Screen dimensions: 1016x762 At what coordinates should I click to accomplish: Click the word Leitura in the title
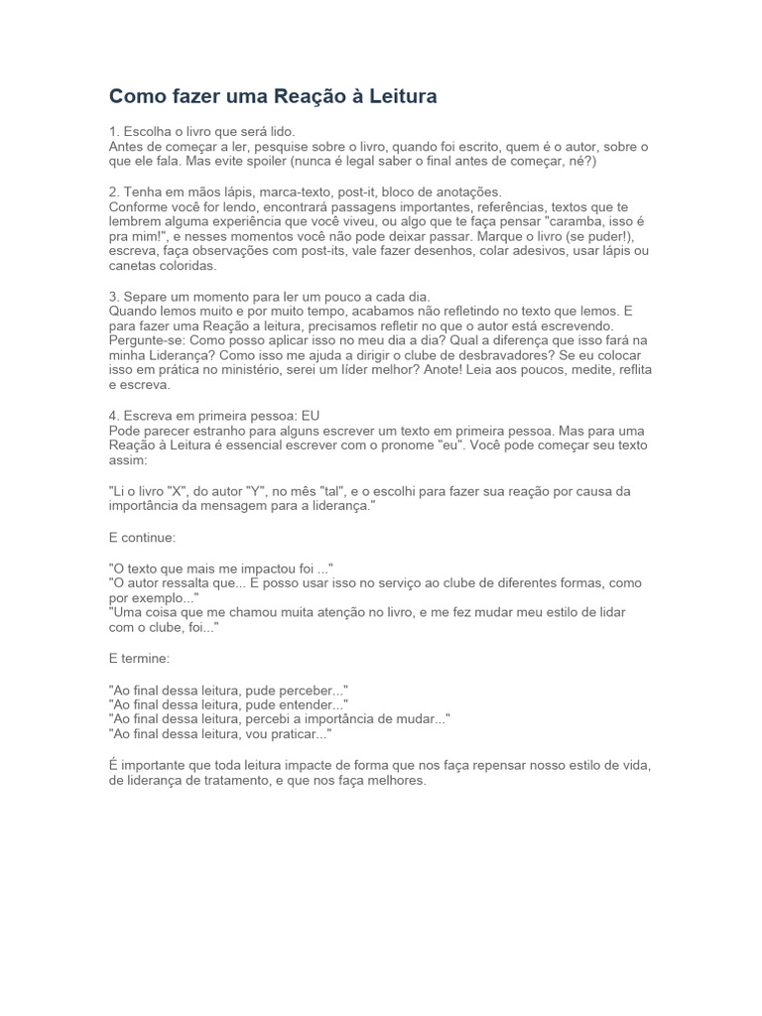click(402, 96)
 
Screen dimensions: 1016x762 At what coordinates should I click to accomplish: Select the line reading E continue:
click(142, 537)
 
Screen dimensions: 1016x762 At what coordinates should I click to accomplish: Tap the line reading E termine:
click(141, 658)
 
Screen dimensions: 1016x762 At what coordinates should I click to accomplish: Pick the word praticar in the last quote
click(296, 733)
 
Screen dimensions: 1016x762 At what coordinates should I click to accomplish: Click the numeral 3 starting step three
click(113, 296)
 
